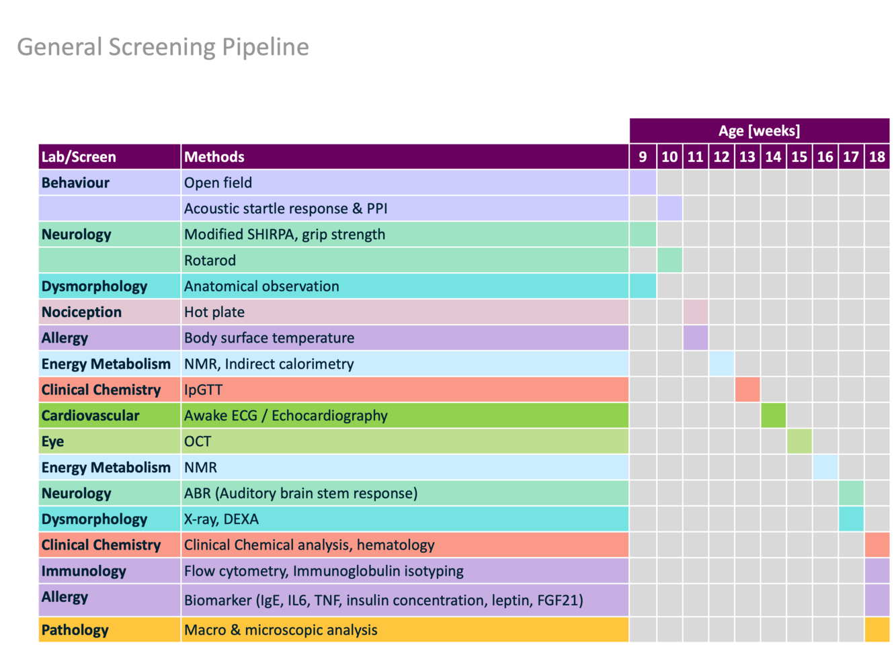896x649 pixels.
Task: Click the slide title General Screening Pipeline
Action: click(163, 47)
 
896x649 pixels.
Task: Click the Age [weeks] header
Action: click(759, 131)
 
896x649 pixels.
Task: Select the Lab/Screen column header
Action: click(79, 157)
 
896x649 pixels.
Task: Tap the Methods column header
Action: click(214, 157)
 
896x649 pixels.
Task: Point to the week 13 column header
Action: click(747, 157)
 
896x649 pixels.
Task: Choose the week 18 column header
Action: click(877, 157)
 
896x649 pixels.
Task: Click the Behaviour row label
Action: click(75, 183)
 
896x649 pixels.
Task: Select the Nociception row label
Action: click(81, 312)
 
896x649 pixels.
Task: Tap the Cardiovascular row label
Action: click(90, 415)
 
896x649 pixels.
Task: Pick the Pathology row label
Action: click(75, 630)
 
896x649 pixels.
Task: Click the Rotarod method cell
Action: click(210, 260)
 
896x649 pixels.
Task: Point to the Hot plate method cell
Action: click(214, 312)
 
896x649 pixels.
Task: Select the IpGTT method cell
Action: click(203, 390)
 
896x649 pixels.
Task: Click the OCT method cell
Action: click(197, 441)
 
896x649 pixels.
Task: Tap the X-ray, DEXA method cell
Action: click(221, 519)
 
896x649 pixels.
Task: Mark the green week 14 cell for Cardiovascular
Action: click(773, 415)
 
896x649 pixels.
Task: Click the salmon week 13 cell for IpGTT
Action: click(747, 390)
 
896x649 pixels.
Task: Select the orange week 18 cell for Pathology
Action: click(877, 630)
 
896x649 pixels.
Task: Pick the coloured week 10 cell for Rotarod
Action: click(669, 260)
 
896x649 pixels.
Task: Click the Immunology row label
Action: click(83, 571)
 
